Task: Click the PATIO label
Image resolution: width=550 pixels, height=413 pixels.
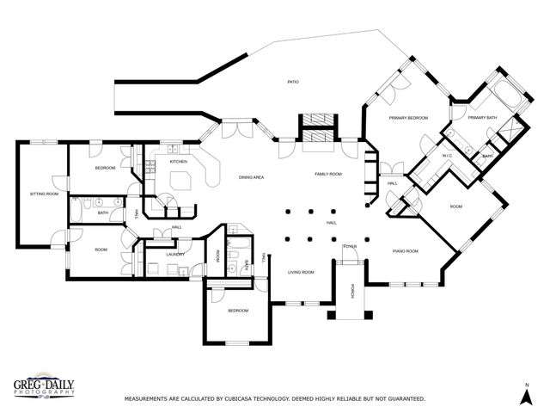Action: click(292, 82)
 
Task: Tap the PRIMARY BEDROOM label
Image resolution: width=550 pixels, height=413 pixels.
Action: click(408, 116)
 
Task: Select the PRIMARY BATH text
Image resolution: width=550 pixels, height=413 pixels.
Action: click(482, 118)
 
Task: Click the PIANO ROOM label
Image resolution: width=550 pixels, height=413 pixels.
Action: click(406, 251)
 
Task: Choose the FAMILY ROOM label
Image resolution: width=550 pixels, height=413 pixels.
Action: click(328, 174)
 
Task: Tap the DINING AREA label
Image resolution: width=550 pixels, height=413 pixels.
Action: click(251, 176)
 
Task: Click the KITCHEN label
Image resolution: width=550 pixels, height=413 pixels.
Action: click(178, 162)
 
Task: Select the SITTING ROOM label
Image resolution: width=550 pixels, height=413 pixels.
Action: click(44, 194)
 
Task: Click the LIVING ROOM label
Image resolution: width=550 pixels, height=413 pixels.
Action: click(301, 272)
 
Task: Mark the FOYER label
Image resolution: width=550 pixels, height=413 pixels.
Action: click(350, 246)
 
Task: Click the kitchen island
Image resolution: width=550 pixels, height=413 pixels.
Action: click(182, 180)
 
